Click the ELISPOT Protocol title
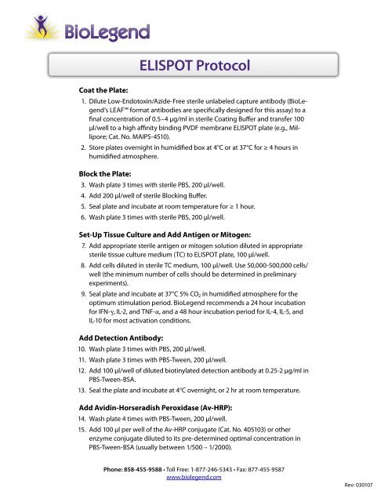point(194,66)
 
